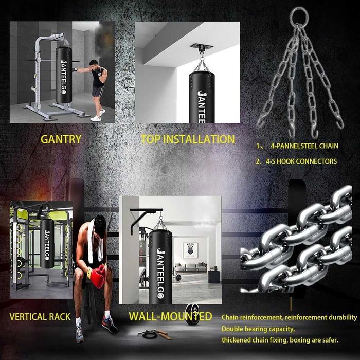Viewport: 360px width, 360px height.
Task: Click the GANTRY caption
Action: click(x=61, y=139)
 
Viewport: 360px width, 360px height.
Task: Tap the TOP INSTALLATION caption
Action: click(x=188, y=139)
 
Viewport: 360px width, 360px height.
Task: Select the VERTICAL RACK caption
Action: click(x=40, y=317)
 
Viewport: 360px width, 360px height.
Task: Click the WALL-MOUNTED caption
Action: click(x=170, y=316)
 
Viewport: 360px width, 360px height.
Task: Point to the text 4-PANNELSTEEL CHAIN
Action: click(x=304, y=146)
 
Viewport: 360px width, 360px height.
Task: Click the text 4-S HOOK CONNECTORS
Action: click(x=301, y=161)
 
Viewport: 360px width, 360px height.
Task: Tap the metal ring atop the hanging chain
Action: click(x=299, y=15)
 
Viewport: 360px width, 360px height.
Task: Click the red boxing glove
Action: click(x=98, y=276)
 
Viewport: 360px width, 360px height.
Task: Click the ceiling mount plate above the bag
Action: click(x=202, y=47)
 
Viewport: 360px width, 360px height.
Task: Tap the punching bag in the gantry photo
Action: click(x=64, y=75)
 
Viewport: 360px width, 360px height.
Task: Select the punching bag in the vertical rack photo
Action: click(x=47, y=243)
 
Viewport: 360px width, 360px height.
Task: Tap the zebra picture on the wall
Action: click(x=190, y=250)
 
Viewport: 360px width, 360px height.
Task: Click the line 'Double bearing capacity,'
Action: click(x=258, y=329)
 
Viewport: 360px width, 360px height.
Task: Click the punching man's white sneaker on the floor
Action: click(x=96, y=118)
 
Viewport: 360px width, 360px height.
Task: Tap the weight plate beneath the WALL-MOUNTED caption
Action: click(x=191, y=315)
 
